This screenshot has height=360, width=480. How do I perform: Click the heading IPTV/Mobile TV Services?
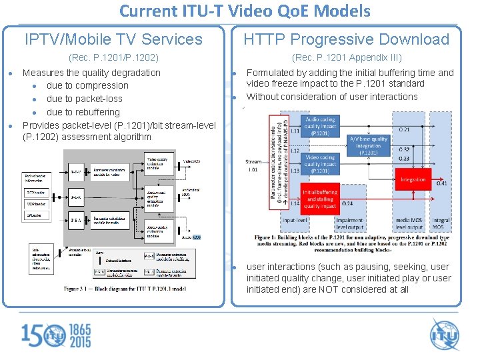pos(113,39)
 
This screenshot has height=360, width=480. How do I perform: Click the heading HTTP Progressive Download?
pos(346,39)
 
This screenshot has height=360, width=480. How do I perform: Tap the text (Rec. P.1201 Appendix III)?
pos(347,58)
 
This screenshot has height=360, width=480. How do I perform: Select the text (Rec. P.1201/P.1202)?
pos(113,58)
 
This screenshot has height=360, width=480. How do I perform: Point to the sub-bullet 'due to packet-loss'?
pos(85,99)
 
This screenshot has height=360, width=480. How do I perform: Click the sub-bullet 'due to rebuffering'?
pos(83,112)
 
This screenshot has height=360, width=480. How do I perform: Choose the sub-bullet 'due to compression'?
pos(87,85)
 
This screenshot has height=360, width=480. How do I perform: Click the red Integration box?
pos(413,179)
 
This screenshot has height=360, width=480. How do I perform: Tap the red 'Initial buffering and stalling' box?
pos(319,198)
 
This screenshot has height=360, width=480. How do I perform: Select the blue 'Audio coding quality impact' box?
pos(319,126)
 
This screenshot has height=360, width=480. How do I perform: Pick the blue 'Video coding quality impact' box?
pos(319,164)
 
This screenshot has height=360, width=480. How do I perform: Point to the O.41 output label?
pos(441,183)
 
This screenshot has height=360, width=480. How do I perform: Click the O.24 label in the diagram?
pos(347,203)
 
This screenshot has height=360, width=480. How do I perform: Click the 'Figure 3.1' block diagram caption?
pos(125,289)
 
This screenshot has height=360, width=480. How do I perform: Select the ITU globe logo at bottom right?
pos(445,334)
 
